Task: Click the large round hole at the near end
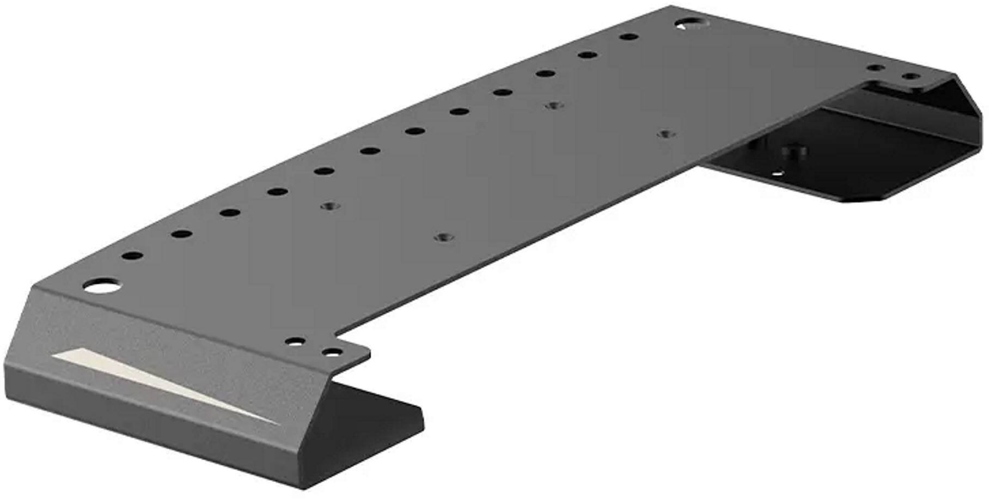[102, 286]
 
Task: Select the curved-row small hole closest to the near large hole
[132, 255]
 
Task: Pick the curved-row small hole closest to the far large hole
[629, 38]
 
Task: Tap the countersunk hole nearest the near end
[328, 206]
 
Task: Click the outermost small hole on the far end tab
[909, 77]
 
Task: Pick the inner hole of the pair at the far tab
[875, 68]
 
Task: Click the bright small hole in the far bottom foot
[778, 174]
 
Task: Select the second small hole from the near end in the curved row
[181, 234]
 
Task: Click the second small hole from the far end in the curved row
[586, 55]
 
